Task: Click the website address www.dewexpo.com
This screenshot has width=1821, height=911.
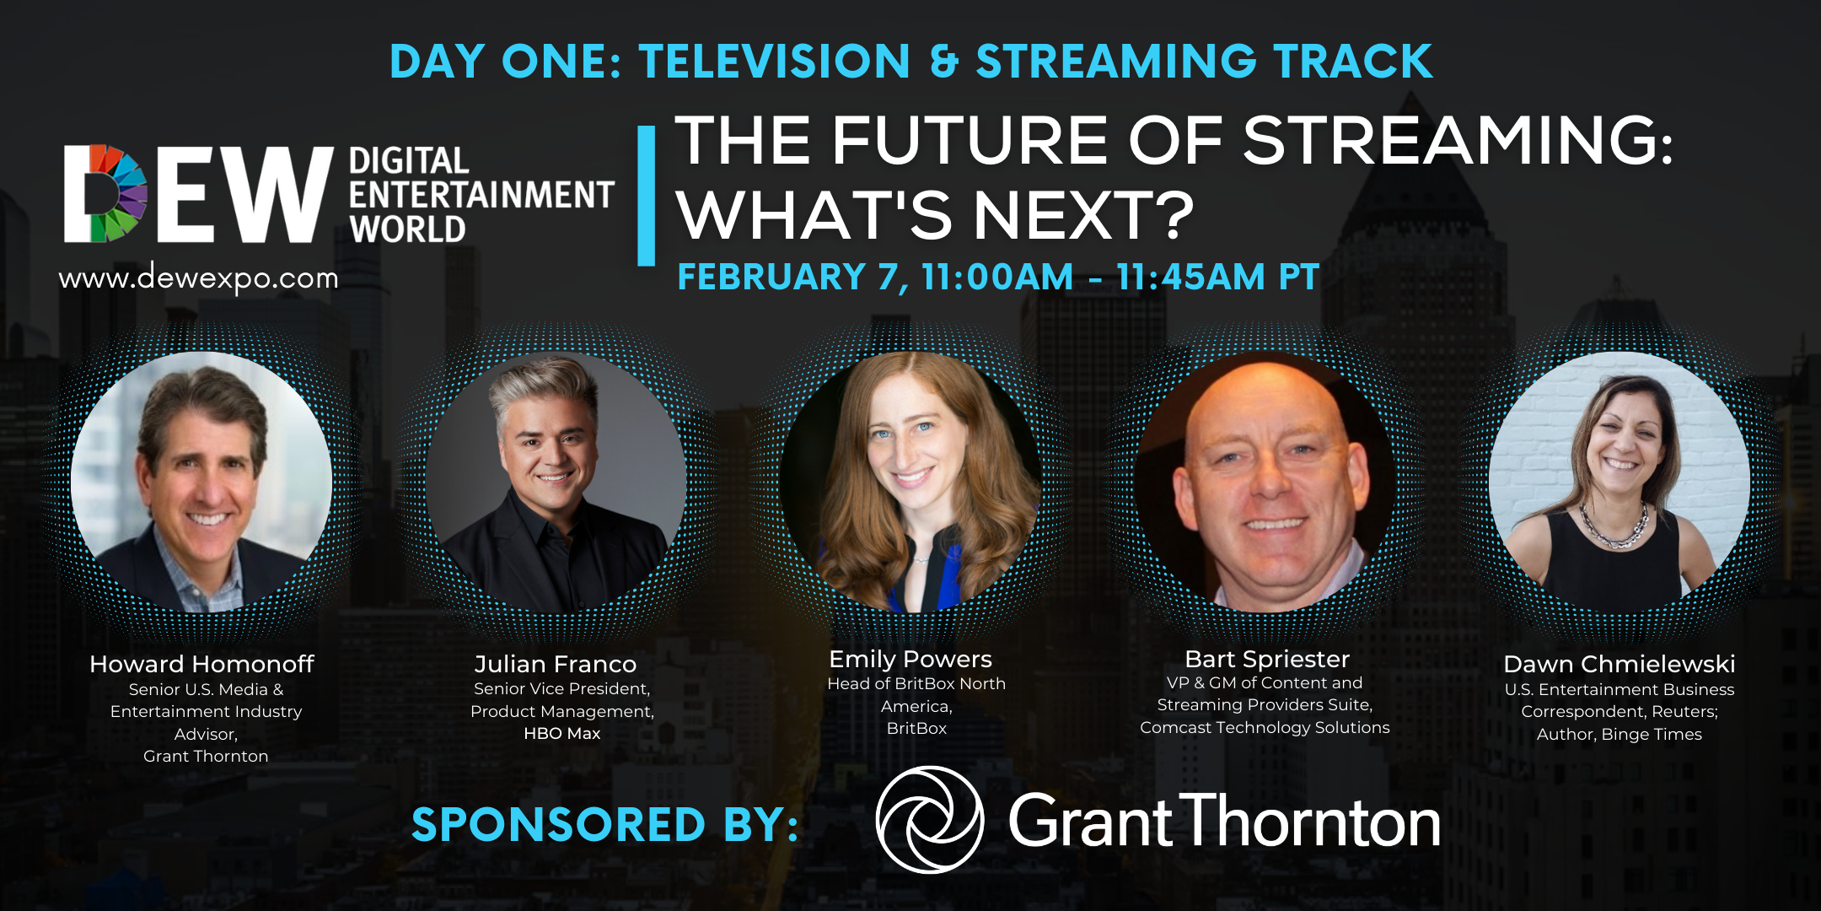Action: point(198,278)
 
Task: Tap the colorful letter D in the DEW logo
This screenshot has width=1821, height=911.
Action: point(106,193)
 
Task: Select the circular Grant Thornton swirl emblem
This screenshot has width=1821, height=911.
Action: point(929,820)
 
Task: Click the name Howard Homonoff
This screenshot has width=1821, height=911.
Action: point(201,664)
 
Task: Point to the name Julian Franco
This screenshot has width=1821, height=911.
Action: point(555,664)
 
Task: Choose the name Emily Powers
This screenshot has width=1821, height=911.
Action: point(910,659)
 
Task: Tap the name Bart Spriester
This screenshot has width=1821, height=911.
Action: point(1266,659)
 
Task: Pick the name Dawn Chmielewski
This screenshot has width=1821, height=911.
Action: point(1619,664)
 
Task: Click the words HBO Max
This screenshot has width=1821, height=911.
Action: point(561,734)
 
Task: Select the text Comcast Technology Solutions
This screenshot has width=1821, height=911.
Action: point(1265,727)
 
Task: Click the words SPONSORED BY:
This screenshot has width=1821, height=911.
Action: point(604,824)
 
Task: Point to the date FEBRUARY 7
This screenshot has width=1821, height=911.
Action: point(792,278)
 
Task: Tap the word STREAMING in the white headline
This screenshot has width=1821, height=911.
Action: point(1457,140)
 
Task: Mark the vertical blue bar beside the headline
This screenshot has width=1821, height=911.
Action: point(647,196)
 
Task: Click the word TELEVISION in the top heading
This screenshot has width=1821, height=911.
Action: point(774,62)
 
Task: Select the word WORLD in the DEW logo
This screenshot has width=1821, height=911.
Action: point(407,229)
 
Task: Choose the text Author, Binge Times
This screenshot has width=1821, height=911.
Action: point(1619,734)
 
